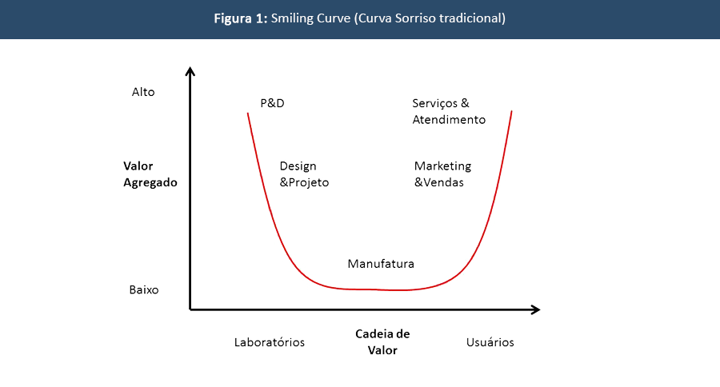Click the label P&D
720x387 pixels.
tap(272, 103)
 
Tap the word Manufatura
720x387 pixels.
tap(381, 264)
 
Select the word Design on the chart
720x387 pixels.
tap(298, 166)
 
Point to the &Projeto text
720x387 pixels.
tap(304, 182)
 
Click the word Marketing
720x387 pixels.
tap(442, 166)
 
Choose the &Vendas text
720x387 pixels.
tap(439, 182)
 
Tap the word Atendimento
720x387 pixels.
tap(449, 120)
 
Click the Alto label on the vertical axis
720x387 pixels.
tap(143, 92)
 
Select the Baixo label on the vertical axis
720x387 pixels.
tap(144, 289)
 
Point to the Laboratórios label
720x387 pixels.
tap(270, 342)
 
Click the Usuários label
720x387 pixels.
tap(490, 342)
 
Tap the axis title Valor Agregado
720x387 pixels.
tap(150, 174)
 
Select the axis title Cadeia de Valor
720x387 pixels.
tap(382, 342)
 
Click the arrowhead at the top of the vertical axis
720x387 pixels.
tap(190, 71)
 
